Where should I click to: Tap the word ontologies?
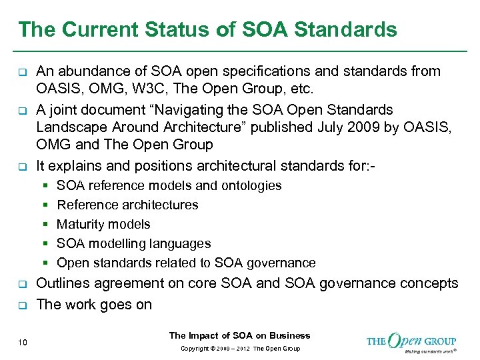pos(250,185)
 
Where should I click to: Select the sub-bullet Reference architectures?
pos(127,205)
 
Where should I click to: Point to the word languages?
pos(181,243)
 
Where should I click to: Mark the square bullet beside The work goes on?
pos(22,305)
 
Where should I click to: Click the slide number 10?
pos(23,343)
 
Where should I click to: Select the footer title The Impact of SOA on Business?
pos(240,335)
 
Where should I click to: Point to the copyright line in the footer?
pos(240,349)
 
